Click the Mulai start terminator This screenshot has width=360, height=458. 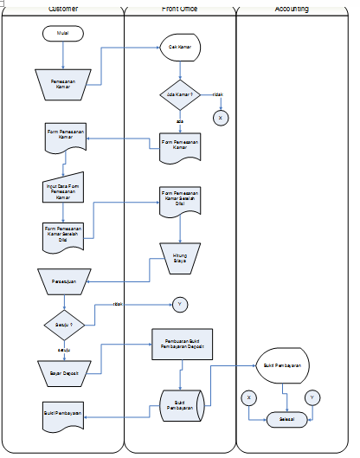[x=63, y=34]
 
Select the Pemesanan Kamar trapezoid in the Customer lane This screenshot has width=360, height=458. [x=63, y=83]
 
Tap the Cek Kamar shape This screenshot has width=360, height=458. [x=180, y=48]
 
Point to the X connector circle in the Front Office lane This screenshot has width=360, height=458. [x=221, y=117]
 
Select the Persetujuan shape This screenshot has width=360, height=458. [x=63, y=281]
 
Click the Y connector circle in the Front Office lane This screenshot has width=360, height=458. [x=180, y=304]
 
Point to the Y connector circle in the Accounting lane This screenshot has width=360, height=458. [x=312, y=397]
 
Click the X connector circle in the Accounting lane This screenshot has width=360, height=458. [x=249, y=397]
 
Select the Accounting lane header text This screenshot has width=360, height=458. [x=292, y=9]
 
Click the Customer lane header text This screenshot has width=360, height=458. [x=67, y=9]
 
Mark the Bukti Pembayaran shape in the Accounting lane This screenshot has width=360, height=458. [x=284, y=366]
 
